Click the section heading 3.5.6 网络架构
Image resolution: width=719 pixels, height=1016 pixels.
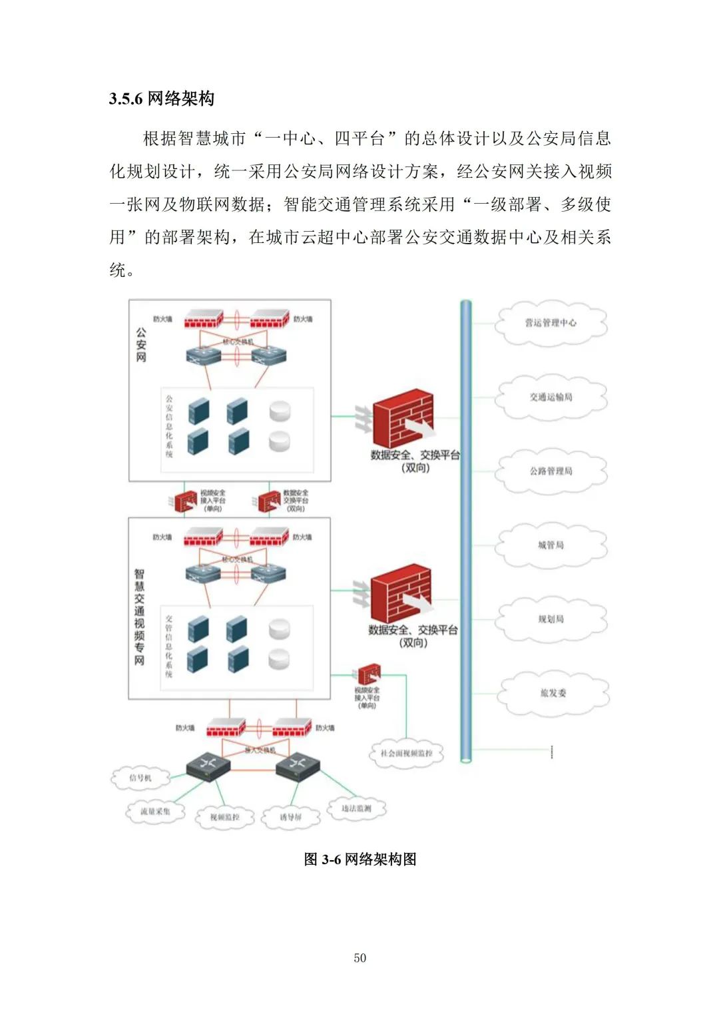click(x=162, y=99)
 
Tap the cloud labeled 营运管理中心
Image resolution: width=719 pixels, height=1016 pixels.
click(x=551, y=323)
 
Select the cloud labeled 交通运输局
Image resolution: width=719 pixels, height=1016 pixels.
click(x=551, y=397)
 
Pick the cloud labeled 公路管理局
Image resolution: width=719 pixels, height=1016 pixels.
click(x=551, y=471)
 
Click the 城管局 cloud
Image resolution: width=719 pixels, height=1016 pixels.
click(x=551, y=545)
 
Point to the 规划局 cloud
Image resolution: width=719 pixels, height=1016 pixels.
click(x=551, y=619)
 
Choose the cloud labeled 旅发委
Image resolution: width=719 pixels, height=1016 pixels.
click(x=553, y=692)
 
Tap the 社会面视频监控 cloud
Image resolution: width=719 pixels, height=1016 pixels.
click(x=406, y=754)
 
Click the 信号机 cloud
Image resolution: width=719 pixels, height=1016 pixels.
click(x=140, y=778)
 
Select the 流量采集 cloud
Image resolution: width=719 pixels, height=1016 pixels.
click(x=155, y=812)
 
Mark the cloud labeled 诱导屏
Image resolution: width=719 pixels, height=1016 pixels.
click(x=290, y=817)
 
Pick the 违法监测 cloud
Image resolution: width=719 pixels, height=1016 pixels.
click(x=356, y=808)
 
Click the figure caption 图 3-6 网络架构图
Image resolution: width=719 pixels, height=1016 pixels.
click(x=359, y=859)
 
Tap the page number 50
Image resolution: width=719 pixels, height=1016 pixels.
click(x=359, y=957)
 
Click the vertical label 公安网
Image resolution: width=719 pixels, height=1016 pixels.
click(x=141, y=344)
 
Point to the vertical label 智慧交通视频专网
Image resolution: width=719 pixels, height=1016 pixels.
click(x=139, y=617)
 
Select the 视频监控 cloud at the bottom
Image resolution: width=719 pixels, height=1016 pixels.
click(x=224, y=817)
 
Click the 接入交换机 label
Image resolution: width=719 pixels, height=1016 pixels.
click(x=260, y=750)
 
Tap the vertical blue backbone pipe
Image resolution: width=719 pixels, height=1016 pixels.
click(x=466, y=533)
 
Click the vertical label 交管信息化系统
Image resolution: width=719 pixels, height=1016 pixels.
click(x=168, y=646)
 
